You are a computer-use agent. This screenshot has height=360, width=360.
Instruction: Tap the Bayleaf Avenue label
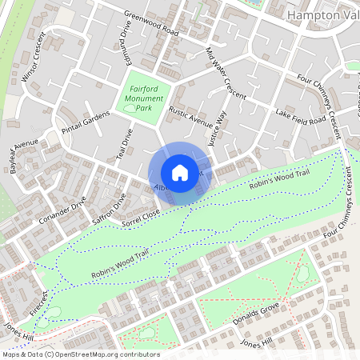tap(23, 154)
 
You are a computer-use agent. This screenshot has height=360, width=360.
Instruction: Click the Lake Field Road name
tap(300, 117)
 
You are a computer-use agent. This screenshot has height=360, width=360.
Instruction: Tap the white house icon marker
tap(180, 173)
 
